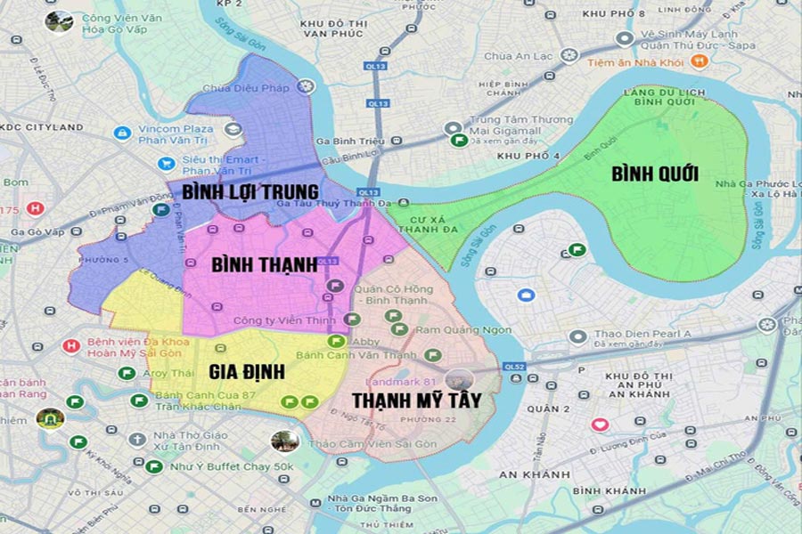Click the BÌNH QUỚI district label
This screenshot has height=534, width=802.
tap(654, 174)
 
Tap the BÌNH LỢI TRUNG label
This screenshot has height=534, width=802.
tap(250, 191)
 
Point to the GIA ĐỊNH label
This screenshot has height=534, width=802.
tap(246, 371)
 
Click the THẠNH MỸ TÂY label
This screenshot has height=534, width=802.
tap(416, 400)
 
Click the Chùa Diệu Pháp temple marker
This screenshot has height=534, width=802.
tap(307, 86)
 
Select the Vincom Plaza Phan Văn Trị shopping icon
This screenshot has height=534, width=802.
tap(122, 133)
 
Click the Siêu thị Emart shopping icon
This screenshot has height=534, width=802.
tap(165, 164)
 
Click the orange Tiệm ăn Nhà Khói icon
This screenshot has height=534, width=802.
tap(700, 61)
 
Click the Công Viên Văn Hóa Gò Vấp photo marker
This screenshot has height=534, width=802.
tap(61, 21)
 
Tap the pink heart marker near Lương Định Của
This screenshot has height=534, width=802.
tap(600, 425)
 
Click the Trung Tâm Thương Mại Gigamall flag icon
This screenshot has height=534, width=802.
tap(458, 140)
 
